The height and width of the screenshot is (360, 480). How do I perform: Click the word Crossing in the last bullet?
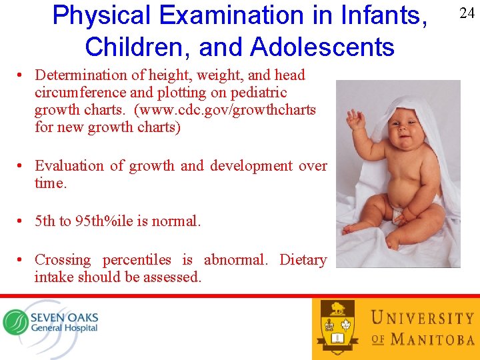click(x=63, y=259)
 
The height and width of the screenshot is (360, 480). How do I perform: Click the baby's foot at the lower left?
click(x=353, y=230)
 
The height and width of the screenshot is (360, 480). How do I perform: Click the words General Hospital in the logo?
click(x=64, y=328)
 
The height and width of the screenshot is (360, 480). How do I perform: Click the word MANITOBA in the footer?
click(x=432, y=339)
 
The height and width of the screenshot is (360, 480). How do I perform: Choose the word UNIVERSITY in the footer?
click(x=422, y=317)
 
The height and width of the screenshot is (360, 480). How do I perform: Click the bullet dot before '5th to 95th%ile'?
click(x=23, y=221)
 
